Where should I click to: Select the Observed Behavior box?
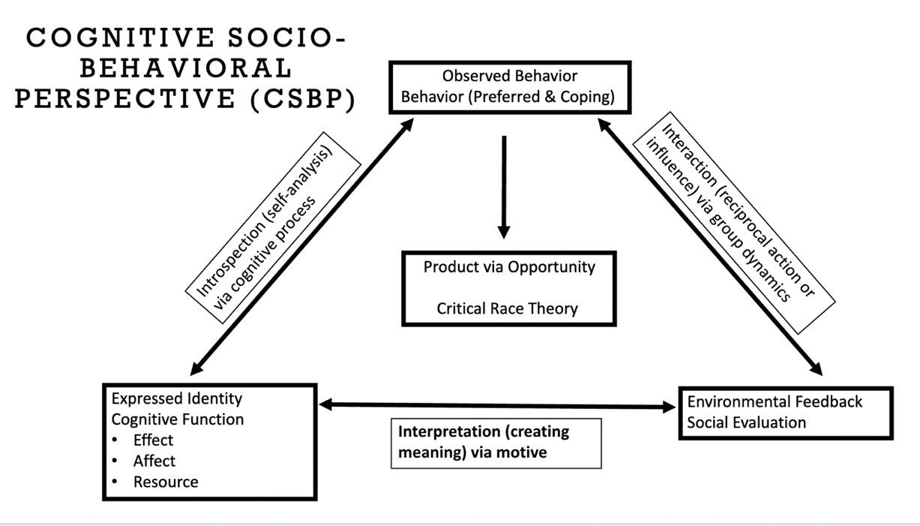click(x=510, y=87)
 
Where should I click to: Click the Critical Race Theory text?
click(x=508, y=308)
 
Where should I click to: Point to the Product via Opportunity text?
click(x=509, y=267)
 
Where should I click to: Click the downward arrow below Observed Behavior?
click(x=504, y=188)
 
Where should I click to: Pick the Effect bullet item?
click(x=153, y=440)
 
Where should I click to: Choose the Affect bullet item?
click(x=154, y=461)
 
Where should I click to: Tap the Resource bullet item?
click(x=166, y=482)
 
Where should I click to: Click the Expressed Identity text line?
click(x=177, y=398)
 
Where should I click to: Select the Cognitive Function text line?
click(x=178, y=419)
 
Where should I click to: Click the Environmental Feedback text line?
click(x=775, y=401)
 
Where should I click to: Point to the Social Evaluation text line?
click(x=747, y=422)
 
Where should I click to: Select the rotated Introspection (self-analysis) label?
click(x=270, y=228)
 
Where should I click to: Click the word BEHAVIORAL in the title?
click(x=186, y=69)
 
